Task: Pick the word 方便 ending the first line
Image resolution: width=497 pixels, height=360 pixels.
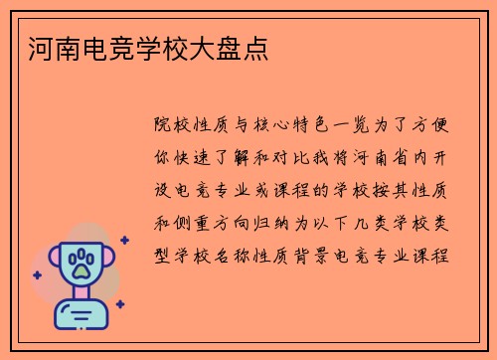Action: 436,126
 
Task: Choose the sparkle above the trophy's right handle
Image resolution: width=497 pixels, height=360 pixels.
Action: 123,240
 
